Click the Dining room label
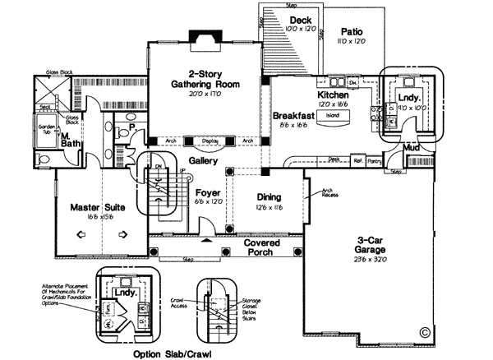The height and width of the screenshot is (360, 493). [x=269, y=197]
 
